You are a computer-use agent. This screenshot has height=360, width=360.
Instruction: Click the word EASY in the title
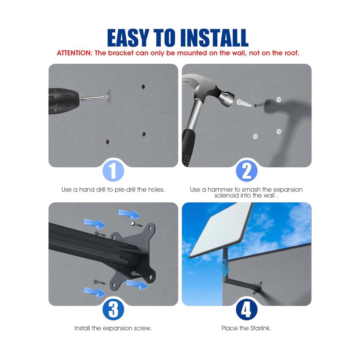[x=128, y=38]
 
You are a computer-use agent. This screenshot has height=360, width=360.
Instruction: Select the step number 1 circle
[x=113, y=171]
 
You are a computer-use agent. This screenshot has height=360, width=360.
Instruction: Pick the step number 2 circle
[x=247, y=171]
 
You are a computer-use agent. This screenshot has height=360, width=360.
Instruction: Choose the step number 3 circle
[x=113, y=310]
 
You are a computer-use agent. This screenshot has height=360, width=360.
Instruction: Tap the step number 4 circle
[x=247, y=310]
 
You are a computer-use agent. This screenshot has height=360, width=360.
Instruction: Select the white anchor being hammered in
[x=244, y=103]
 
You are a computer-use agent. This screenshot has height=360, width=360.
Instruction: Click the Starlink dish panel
[x=220, y=230]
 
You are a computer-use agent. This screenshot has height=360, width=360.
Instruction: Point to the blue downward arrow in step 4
[x=225, y=269]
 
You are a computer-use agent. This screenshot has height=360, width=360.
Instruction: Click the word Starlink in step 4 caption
[x=261, y=328]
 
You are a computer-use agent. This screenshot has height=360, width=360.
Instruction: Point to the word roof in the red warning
[x=292, y=53]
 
